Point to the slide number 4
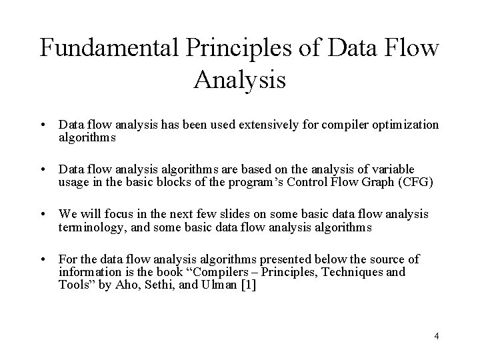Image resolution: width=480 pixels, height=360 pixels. (x=436, y=336)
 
